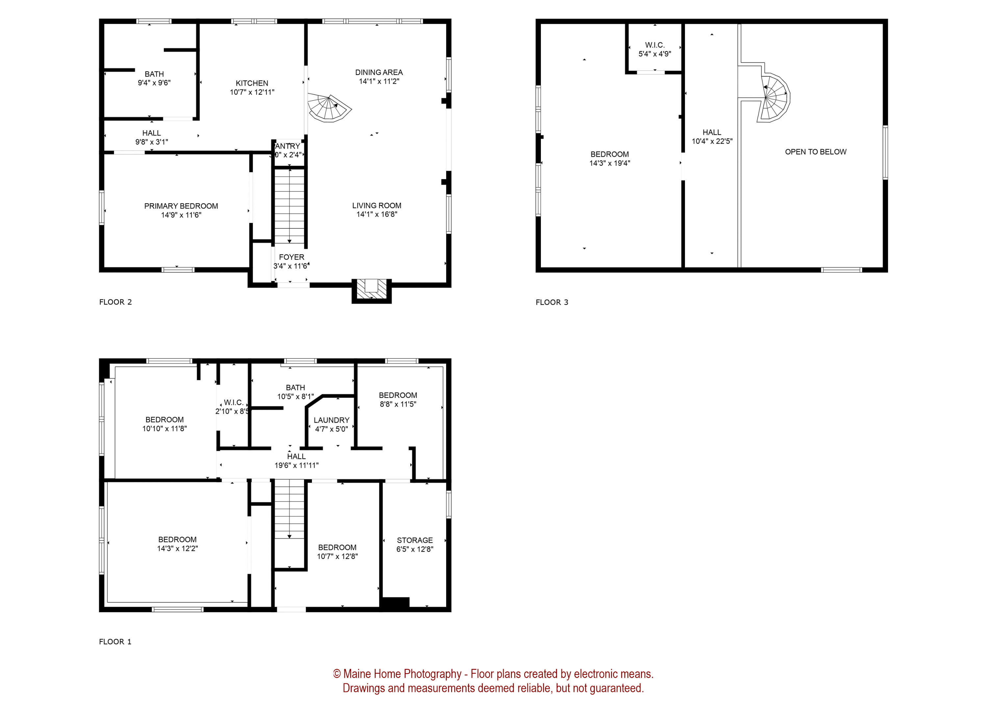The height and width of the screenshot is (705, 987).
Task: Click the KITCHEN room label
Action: pos(252,83)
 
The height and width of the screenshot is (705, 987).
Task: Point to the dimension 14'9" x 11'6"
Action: pos(181,215)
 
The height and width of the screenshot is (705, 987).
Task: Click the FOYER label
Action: pos(291,257)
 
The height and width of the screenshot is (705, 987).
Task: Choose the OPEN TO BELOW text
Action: pos(815,152)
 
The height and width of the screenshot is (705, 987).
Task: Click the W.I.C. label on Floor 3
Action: pos(654,45)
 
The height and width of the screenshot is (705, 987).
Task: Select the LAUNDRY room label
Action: pos(331,420)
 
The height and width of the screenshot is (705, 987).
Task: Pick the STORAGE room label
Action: pos(415,540)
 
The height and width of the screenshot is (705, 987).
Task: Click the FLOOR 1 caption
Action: pos(115,642)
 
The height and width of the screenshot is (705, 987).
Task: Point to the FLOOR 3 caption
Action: pos(552,302)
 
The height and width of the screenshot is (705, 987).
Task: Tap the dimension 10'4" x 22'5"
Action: pos(712,141)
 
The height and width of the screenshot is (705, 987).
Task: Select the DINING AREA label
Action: pos(378,72)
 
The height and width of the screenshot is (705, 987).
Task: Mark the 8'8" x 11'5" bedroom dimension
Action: pos(397,404)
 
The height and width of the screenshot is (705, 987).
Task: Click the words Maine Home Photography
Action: pos(402,674)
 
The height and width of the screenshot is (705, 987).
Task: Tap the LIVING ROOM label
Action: pos(376,205)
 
